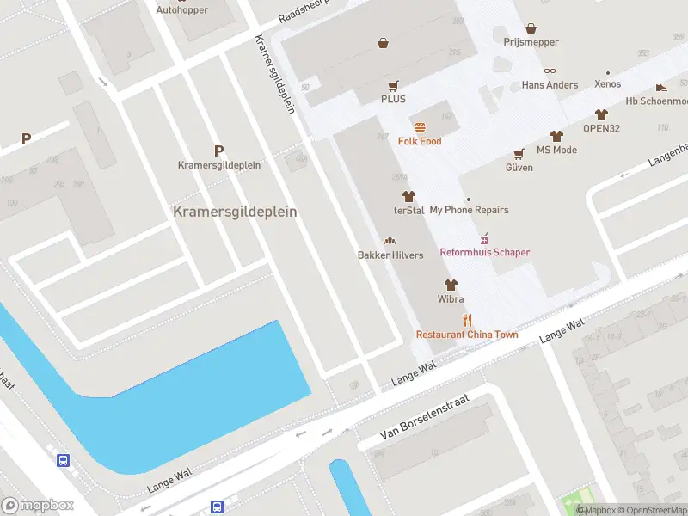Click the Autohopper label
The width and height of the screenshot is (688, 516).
181,10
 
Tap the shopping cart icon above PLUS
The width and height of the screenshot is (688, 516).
393,85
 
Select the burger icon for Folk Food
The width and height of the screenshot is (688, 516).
420,127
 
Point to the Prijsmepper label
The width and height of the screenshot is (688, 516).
531,42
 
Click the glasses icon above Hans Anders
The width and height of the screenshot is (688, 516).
550,71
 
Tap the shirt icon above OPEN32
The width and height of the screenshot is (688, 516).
601,114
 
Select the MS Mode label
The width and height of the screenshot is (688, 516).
556,150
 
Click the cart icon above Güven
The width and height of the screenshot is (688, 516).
519,154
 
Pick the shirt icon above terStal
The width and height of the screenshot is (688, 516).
408,196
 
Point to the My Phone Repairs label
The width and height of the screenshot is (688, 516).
469,210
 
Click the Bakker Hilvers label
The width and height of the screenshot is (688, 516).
390,255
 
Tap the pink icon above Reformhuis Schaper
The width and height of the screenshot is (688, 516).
485,238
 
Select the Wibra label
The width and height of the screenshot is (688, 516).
451,299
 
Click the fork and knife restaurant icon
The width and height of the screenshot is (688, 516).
467,321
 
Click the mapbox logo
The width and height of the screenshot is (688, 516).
38,506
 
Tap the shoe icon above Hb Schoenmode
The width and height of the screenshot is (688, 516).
661,86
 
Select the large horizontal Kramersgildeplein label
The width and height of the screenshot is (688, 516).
235,211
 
